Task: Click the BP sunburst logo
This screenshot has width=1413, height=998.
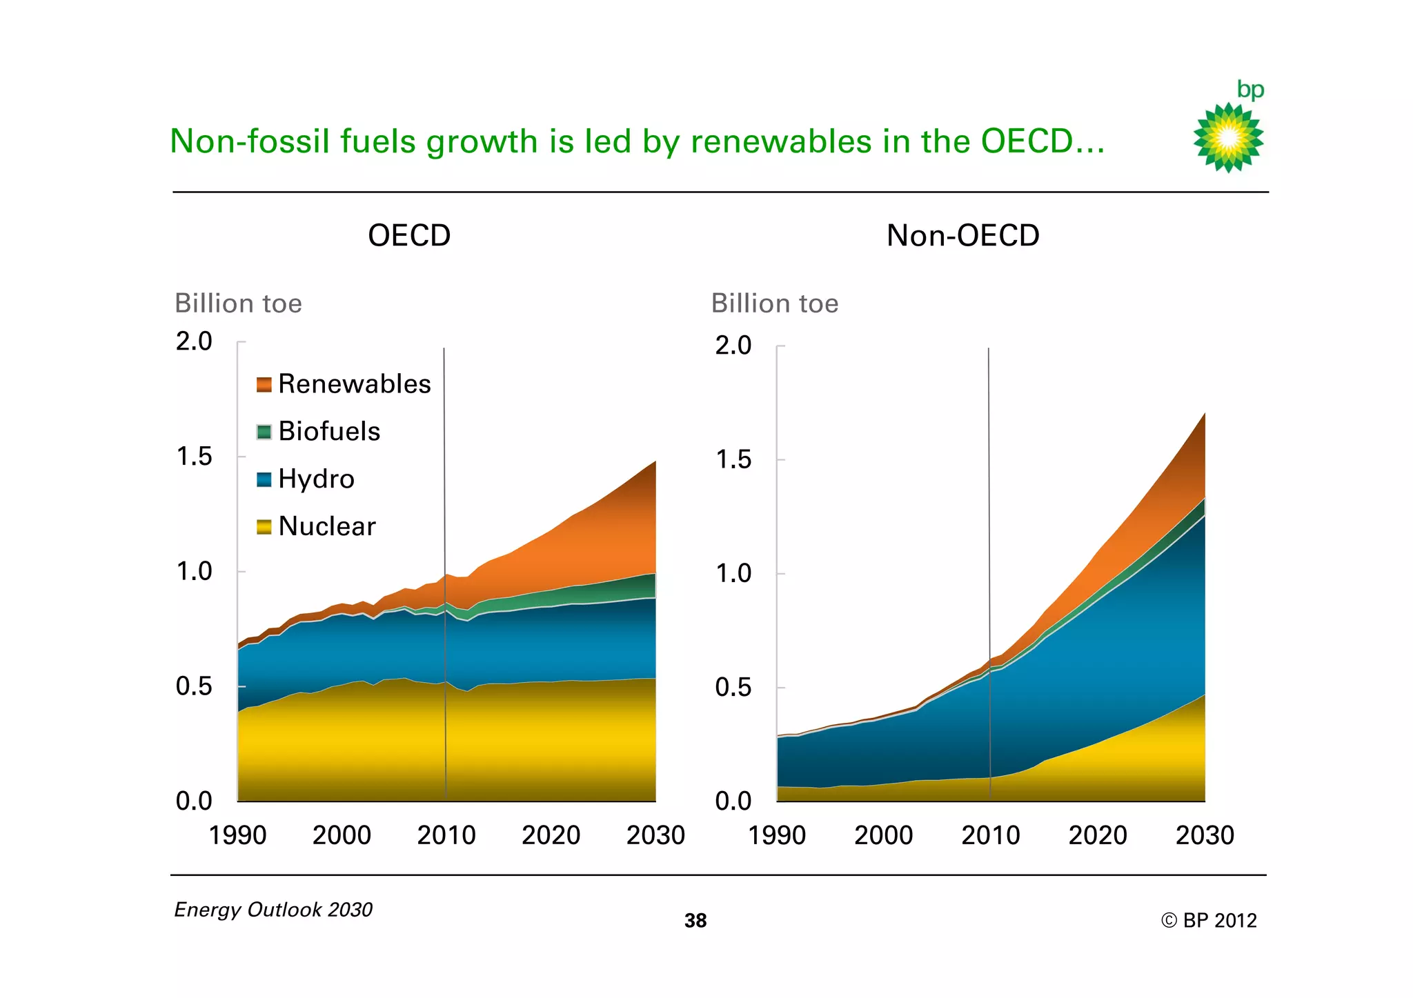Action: [x=1228, y=138]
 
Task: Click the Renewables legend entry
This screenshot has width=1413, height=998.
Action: [x=344, y=384]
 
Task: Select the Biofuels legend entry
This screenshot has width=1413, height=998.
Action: [x=319, y=432]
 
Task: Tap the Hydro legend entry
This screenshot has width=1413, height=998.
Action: [x=306, y=479]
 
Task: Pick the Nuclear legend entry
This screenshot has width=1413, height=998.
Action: [x=317, y=527]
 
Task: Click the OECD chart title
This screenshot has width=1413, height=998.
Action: [x=409, y=236]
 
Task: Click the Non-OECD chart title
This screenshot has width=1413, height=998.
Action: [x=962, y=236]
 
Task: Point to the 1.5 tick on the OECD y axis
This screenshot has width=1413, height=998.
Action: [x=194, y=457]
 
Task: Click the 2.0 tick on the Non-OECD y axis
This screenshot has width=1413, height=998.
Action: [x=733, y=346]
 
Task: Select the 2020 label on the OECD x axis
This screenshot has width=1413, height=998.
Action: [x=551, y=835]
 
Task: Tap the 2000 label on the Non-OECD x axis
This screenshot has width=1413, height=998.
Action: [x=883, y=835]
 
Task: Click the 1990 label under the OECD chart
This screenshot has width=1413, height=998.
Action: [x=237, y=835]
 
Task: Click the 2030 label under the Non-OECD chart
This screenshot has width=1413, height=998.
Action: [x=1205, y=835]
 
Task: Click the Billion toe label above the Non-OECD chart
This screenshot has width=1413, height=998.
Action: [x=775, y=303]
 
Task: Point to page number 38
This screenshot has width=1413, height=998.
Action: [x=695, y=921]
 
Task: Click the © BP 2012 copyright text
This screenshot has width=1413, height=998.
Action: [x=1209, y=921]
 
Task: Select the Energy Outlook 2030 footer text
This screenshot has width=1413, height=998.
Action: [x=273, y=910]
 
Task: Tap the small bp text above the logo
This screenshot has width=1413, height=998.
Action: [x=1250, y=90]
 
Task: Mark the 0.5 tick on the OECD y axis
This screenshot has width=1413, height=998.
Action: [x=194, y=686]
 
